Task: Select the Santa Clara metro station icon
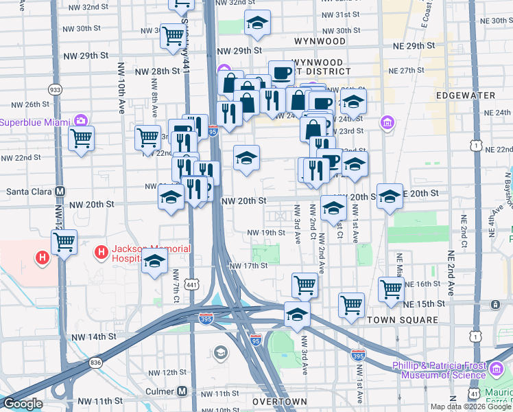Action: (x=60, y=192)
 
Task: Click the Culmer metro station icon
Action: (x=182, y=391)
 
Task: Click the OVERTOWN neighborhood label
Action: (x=279, y=401)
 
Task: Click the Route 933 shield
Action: (x=54, y=90)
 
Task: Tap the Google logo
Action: (x=23, y=404)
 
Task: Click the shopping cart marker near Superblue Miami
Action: (x=81, y=139)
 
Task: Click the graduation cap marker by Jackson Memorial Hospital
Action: (x=155, y=261)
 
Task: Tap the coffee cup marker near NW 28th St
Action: (x=281, y=72)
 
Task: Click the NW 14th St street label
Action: (x=93, y=337)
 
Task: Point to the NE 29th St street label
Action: (x=416, y=45)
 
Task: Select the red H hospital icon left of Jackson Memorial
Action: (x=43, y=258)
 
